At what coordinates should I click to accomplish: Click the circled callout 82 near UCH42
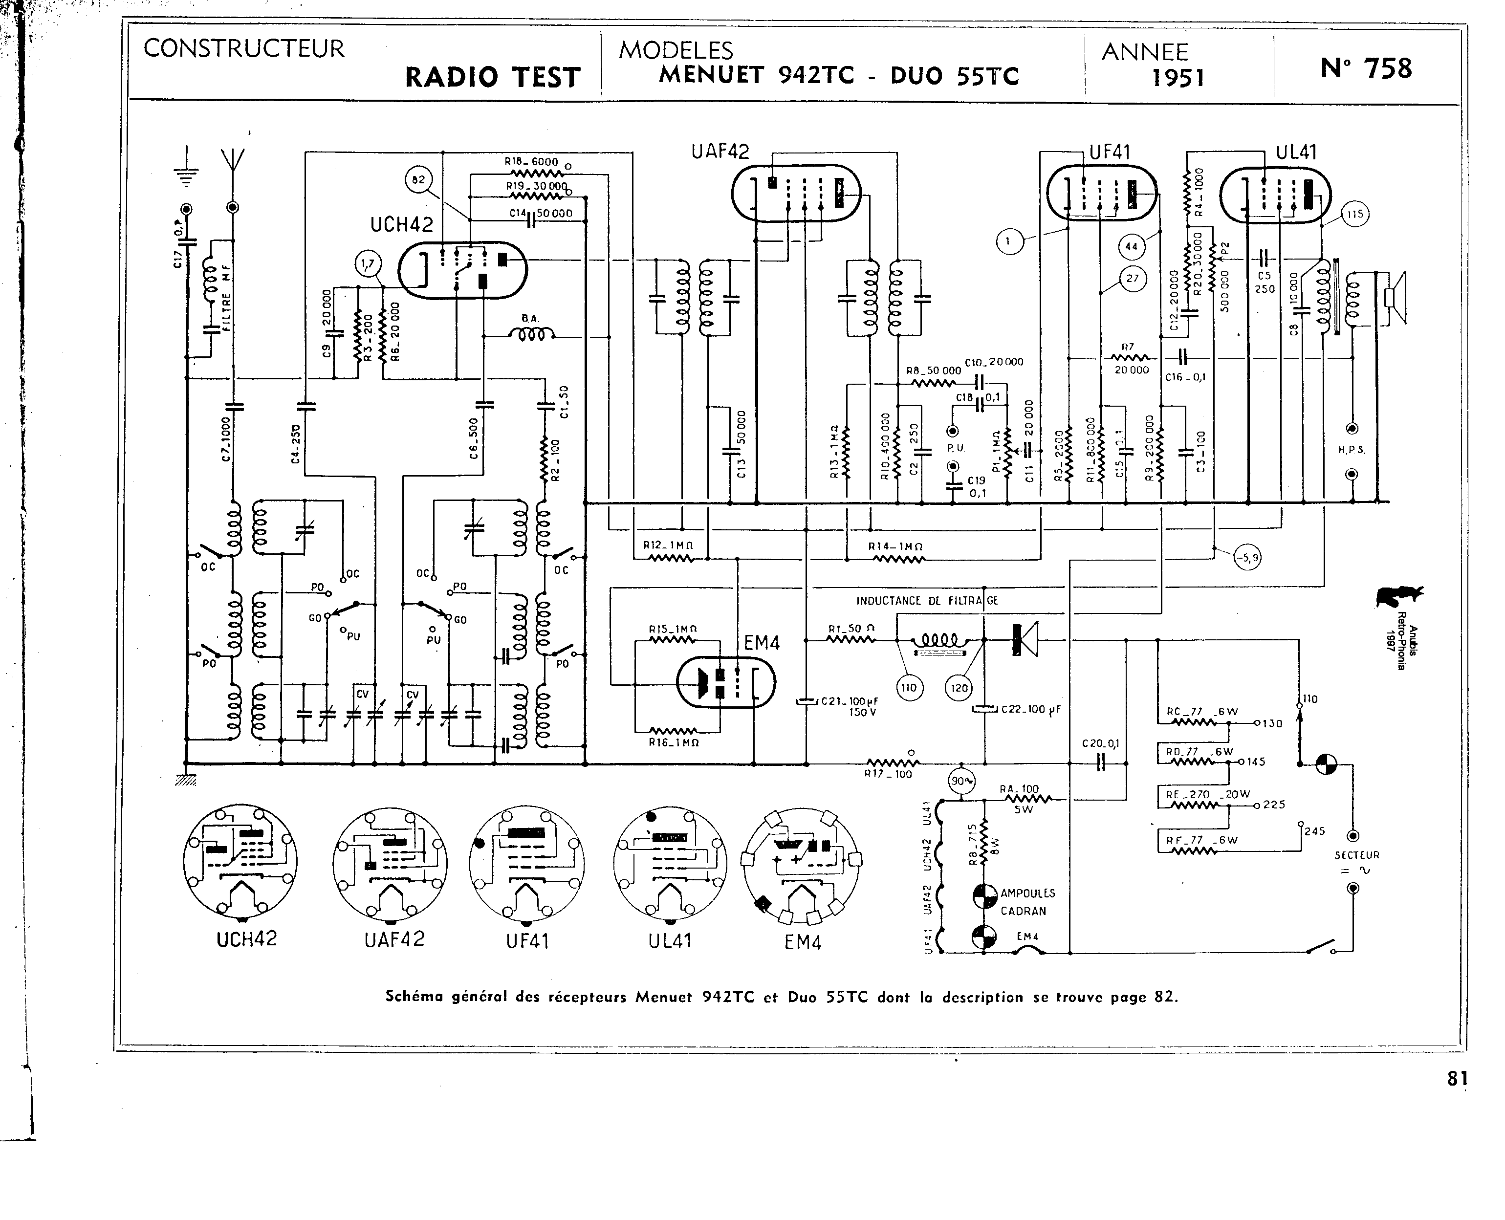[x=418, y=180]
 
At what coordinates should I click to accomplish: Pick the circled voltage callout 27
[x=1132, y=278]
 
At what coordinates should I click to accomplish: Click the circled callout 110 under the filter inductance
[x=909, y=687]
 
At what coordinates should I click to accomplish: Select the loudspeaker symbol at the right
[x=1394, y=298]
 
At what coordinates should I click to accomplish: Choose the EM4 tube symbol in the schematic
[x=726, y=682]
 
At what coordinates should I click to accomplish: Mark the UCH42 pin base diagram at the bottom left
[x=240, y=862]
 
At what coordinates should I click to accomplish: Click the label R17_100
[x=888, y=774]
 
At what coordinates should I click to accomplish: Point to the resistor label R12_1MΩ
[x=668, y=545]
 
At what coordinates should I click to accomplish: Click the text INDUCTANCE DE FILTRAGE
[x=927, y=601]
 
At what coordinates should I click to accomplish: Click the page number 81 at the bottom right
[x=1457, y=1078]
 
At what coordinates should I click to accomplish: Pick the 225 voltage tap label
[x=1274, y=805]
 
